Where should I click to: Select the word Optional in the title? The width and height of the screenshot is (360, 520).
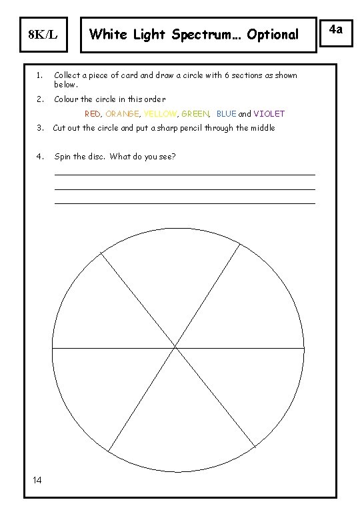pyautogui.click(x=273, y=34)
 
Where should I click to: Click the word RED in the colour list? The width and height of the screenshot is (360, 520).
pyautogui.click(x=93, y=114)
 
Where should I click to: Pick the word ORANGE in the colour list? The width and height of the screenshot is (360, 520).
pyautogui.click(x=122, y=114)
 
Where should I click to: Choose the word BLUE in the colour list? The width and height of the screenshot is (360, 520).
pyautogui.click(x=226, y=114)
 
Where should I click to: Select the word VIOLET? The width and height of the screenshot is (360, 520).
pyautogui.click(x=269, y=114)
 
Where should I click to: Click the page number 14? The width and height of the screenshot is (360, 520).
pyautogui.click(x=37, y=481)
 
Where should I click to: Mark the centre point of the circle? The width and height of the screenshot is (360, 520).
pyautogui.click(x=176, y=347)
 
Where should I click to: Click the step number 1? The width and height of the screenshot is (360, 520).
pyautogui.click(x=39, y=75)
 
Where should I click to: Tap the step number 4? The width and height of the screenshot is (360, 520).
pyautogui.click(x=39, y=157)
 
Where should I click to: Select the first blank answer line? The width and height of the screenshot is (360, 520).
pyautogui.click(x=184, y=175)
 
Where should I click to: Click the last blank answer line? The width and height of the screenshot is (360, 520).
pyautogui.click(x=184, y=203)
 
